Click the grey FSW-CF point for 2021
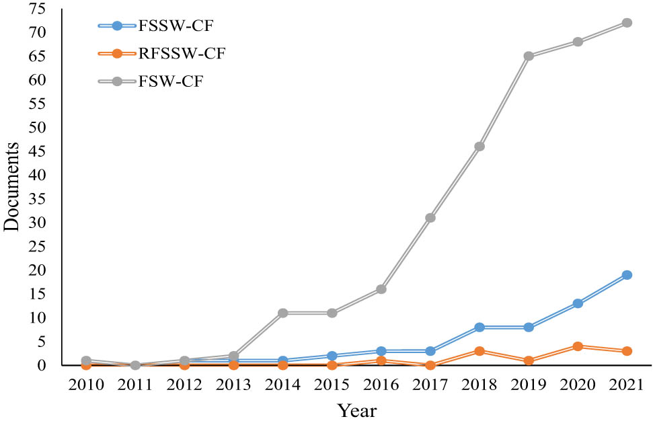coord(627,23)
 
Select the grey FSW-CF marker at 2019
coord(529,56)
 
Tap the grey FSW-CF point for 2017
coord(430,218)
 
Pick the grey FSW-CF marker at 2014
coord(283,313)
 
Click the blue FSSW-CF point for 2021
coord(627,275)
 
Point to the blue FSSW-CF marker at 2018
coord(479,328)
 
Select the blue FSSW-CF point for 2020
coord(578,303)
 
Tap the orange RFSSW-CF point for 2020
coord(578,346)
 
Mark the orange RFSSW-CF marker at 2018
coord(479,351)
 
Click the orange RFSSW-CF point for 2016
coord(381,360)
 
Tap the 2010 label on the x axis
coord(86,385)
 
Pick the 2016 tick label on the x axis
coord(381,385)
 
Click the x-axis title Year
coord(357,410)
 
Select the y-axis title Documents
coord(13,187)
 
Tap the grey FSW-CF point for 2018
coord(479,147)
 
